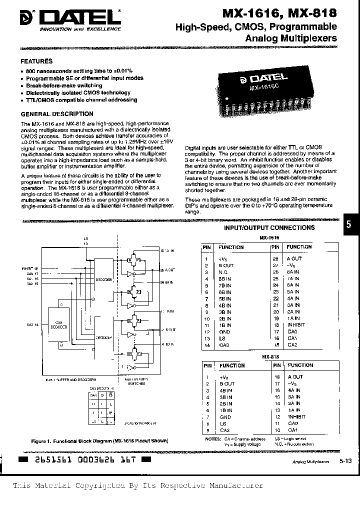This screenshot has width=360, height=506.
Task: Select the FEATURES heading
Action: [36, 61]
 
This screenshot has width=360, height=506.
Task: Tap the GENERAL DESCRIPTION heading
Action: [56, 114]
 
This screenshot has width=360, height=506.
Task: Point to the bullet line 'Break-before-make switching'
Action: [64, 85]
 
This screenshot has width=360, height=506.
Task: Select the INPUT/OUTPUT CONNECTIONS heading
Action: [269, 227]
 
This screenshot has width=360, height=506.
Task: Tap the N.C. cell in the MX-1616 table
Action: [223, 271]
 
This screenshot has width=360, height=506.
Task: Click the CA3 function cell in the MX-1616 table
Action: [223, 345]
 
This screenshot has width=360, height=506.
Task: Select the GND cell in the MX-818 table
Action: [225, 417]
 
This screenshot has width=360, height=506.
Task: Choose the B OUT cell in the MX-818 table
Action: [226, 383]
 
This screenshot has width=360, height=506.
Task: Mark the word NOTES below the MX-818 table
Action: [212, 438]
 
